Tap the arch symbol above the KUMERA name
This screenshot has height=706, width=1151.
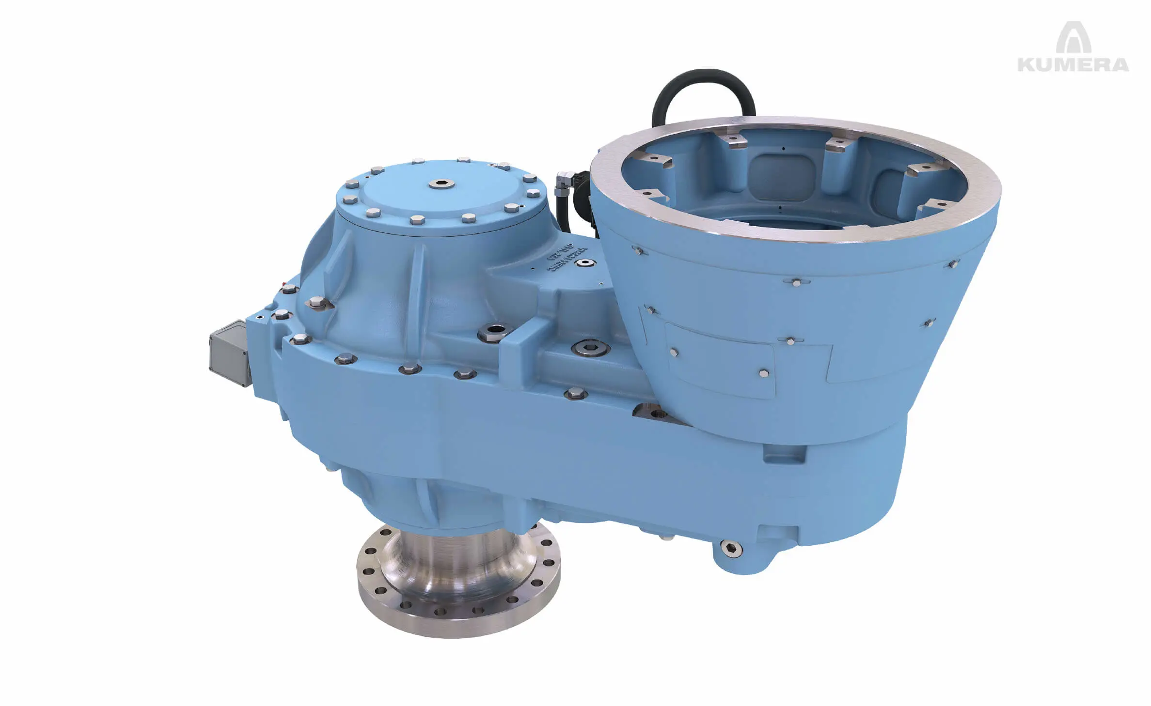[1073, 38]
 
